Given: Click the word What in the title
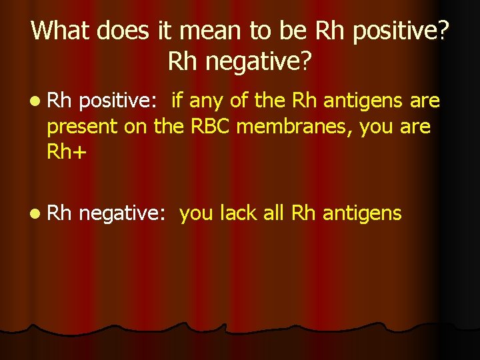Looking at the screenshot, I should [x=59, y=31].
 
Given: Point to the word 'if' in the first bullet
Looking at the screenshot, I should [x=177, y=101].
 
